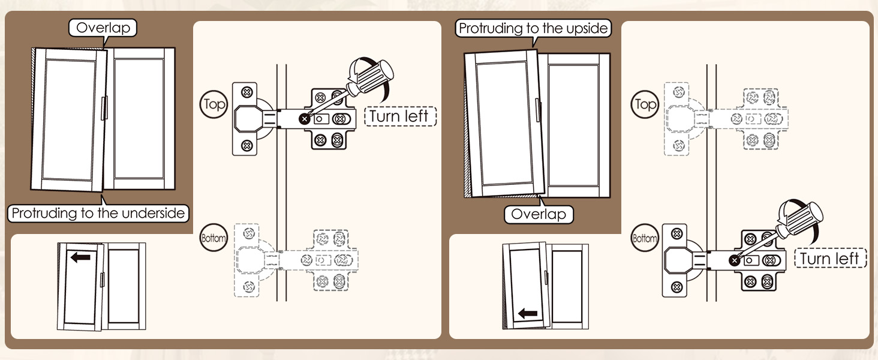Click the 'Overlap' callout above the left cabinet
(103, 28)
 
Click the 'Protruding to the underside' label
(98, 213)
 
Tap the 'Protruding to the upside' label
(533, 28)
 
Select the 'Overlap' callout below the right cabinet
(539, 214)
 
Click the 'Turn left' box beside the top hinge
(400, 116)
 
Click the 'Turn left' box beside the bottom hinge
(830, 259)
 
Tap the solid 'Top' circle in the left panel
(214, 104)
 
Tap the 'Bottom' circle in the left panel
(214, 238)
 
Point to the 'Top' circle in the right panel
(645, 104)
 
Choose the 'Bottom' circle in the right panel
(645, 238)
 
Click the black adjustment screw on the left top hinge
(305, 119)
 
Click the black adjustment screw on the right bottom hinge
(735, 260)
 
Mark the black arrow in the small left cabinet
(81, 257)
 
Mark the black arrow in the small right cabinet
(528, 313)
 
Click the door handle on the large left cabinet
(104, 108)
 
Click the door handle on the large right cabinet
(538, 110)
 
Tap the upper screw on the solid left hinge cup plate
(246, 92)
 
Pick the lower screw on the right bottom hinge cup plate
(676, 287)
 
